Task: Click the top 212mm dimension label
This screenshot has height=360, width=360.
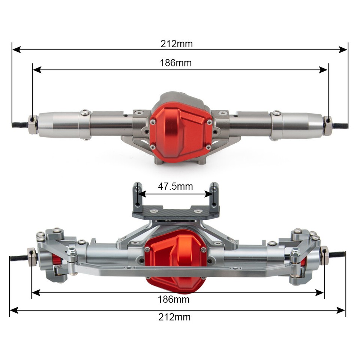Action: pyautogui.click(x=177, y=44)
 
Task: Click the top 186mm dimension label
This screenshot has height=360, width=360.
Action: pyautogui.click(x=175, y=63)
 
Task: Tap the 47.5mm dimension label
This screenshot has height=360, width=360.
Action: pyautogui.click(x=175, y=186)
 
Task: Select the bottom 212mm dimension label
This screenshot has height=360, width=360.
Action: pyautogui.click(x=174, y=317)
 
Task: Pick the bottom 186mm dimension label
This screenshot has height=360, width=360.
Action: pyautogui.click(x=174, y=299)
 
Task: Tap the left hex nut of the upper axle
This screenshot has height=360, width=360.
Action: pyautogui.click(x=33, y=124)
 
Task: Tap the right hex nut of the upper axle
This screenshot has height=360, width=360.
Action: pyautogui.click(x=328, y=126)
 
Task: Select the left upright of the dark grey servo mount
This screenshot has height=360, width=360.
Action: pyautogui.click(x=137, y=195)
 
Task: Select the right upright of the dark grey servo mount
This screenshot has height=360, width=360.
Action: pyautogui.click(x=214, y=195)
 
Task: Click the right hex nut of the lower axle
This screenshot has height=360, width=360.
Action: pyautogui.click(x=324, y=256)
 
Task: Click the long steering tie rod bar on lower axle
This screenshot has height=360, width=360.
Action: pyautogui.click(x=176, y=270)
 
